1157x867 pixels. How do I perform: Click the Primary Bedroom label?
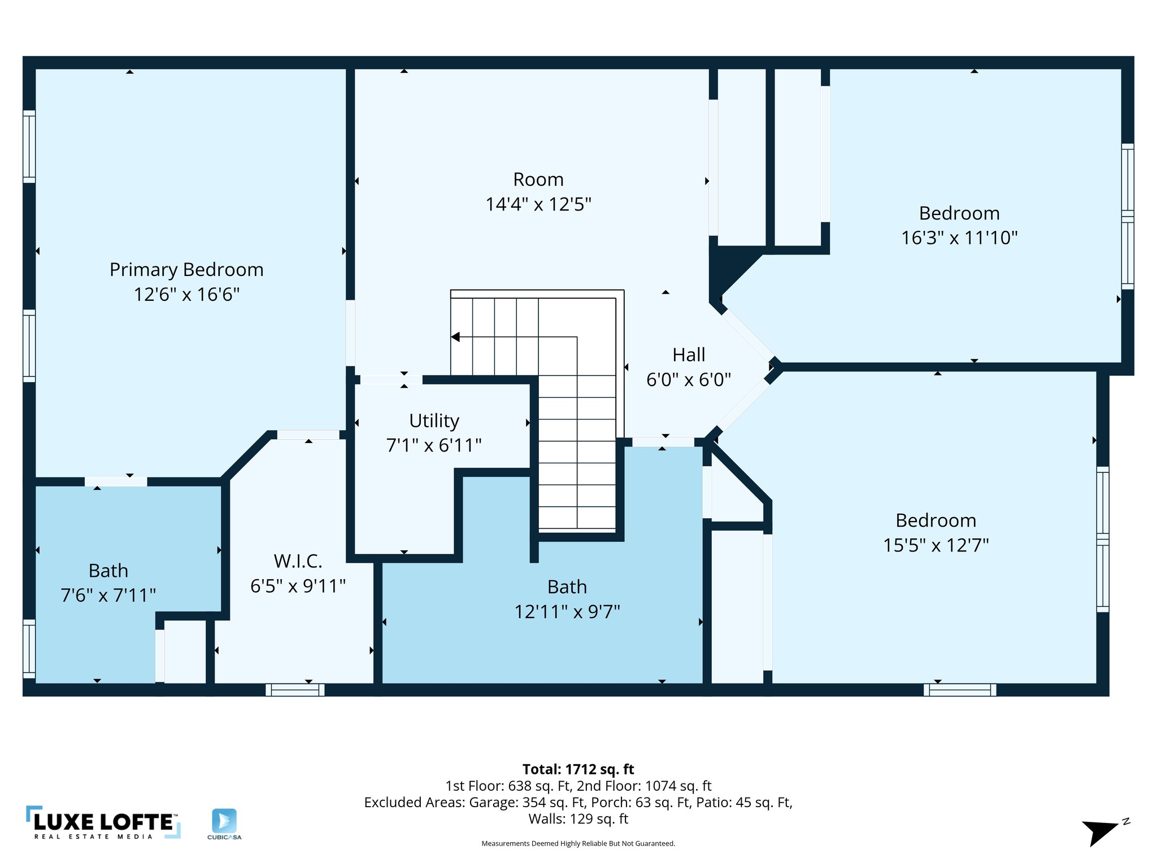tap(186, 270)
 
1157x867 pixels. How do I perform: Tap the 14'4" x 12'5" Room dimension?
tap(538, 204)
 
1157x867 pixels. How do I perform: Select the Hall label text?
tap(688, 355)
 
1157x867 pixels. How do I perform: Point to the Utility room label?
tap(434, 421)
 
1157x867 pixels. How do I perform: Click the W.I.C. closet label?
tap(298, 562)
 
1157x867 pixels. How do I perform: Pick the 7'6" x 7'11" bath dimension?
tap(108, 595)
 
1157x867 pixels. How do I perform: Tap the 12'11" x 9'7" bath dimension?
tap(567, 612)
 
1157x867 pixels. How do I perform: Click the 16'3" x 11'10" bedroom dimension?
tap(959, 238)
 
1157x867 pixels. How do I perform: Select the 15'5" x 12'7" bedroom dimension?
tap(936, 545)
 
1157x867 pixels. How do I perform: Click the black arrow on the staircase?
tap(455, 337)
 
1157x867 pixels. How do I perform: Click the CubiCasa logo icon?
tap(224, 821)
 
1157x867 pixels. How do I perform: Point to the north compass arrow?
tap(1099, 832)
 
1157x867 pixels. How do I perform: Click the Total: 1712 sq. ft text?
tap(578, 769)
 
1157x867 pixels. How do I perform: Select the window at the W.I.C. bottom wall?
tap(295, 689)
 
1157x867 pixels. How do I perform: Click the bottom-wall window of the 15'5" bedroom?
tap(959, 689)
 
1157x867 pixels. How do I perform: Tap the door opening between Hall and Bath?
tap(663, 442)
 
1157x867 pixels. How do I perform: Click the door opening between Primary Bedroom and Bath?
tap(116, 481)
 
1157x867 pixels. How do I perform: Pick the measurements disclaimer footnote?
tap(578, 843)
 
